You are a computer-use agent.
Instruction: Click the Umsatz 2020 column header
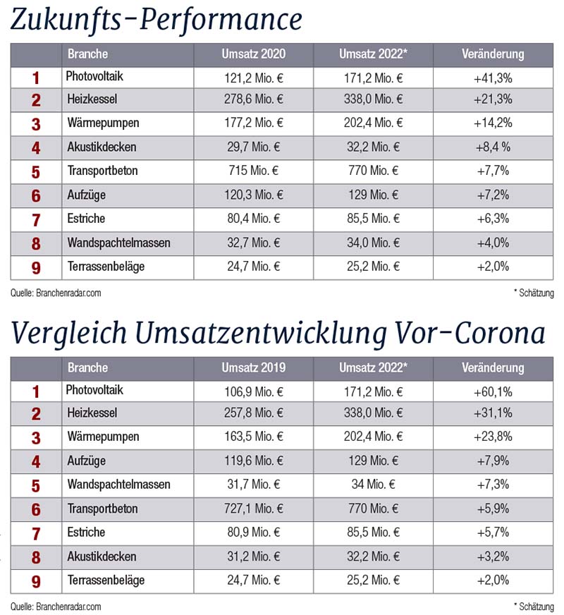click(x=254, y=54)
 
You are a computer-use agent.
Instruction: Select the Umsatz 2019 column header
click(x=254, y=367)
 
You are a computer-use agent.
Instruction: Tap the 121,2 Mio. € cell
click(x=254, y=78)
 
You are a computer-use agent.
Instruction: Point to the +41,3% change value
click(x=493, y=78)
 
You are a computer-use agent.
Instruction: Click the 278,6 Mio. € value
click(x=254, y=99)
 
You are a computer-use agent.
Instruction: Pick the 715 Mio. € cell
click(x=254, y=171)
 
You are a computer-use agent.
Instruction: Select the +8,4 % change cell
click(x=493, y=147)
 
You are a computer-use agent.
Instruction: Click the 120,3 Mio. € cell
click(x=254, y=195)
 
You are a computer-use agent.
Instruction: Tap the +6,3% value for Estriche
click(x=493, y=219)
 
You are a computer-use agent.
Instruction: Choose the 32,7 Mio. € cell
click(x=254, y=243)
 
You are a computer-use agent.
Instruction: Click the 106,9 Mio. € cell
click(x=254, y=392)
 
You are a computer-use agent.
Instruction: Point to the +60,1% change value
click(x=493, y=392)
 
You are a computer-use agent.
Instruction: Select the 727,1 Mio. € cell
click(x=254, y=509)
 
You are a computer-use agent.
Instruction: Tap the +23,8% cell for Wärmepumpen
click(x=493, y=437)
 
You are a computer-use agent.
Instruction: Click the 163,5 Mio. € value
click(x=254, y=437)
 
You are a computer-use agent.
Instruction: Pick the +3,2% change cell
click(x=493, y=556)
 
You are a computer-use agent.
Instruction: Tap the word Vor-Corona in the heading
click(x=470, y=334)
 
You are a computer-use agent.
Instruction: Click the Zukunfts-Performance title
click(x=157, y=20)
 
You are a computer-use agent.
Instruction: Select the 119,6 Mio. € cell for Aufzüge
click(x=254, y=461)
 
